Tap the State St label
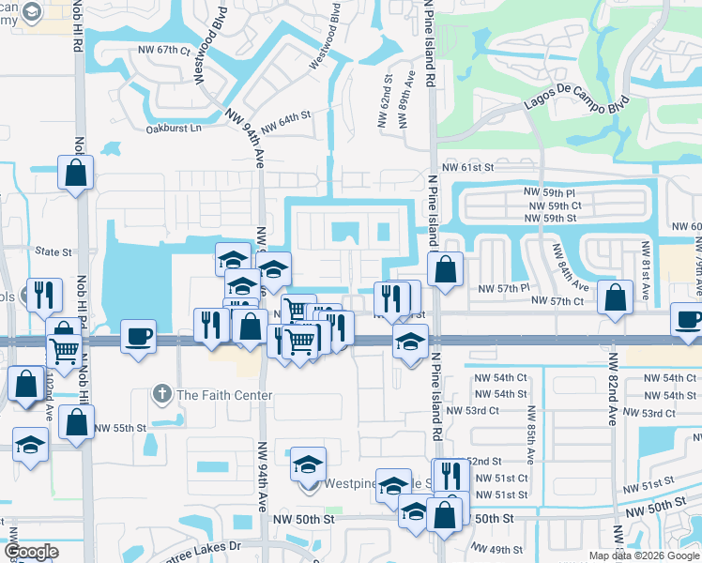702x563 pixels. [53, 252]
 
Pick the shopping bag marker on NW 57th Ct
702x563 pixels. [615, 298]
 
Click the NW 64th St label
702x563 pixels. [285, 120]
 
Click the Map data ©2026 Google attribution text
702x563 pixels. [644, 555]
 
